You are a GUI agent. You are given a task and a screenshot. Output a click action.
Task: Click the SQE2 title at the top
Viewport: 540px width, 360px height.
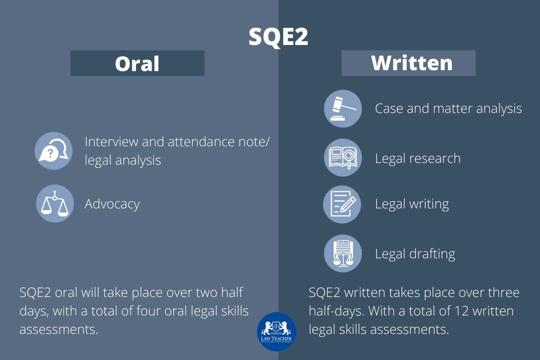(279, 37)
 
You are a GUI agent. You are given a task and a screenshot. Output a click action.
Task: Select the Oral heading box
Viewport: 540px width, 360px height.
(137, 63)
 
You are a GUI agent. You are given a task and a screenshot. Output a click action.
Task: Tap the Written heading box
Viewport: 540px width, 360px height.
(408, 63)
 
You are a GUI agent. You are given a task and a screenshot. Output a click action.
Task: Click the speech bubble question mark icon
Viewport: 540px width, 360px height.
(54, 151)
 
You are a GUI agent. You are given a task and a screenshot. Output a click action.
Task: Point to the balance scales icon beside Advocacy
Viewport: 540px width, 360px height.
(55, 204)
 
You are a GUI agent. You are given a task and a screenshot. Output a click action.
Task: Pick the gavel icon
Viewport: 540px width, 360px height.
(343, 109)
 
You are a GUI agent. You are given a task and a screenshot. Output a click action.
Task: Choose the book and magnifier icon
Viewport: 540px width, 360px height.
(343, 158)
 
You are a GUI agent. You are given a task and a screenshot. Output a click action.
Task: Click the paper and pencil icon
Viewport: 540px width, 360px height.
(343, 204)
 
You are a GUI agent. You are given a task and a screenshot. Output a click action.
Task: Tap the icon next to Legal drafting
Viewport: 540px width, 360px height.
(343, 253)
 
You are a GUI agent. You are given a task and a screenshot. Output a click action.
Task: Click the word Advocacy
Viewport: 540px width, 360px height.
(112, 204)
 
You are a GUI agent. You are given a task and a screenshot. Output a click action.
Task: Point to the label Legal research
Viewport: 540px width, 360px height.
(418, 158)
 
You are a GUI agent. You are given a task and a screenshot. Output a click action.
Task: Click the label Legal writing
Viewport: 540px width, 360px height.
(412, 204)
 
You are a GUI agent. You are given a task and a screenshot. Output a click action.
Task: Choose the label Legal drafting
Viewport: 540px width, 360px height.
(415, 254)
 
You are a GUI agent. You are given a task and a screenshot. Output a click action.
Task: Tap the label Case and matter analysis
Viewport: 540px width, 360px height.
(448, 108)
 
